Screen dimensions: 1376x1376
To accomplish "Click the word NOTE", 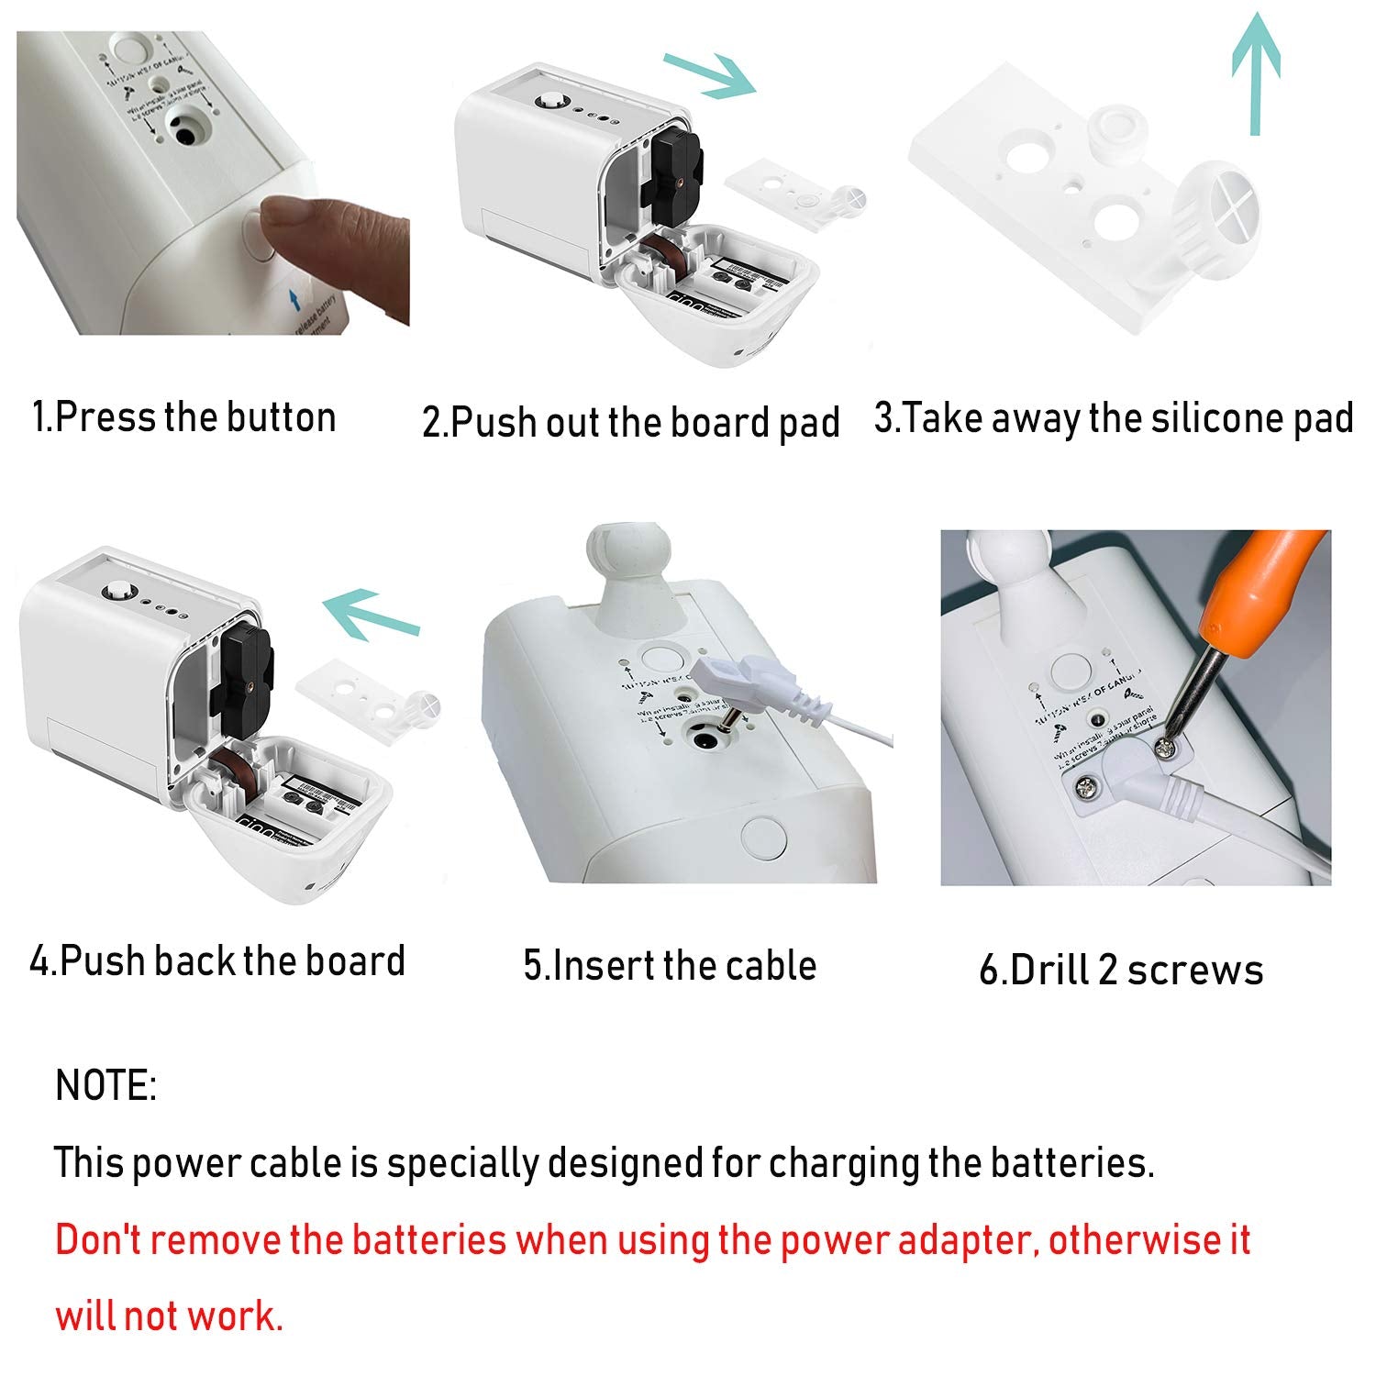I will pos(105,1085).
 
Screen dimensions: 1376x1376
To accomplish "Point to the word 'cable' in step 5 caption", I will pos(769,966).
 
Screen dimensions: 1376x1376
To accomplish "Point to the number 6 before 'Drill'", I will pos(990,971).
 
